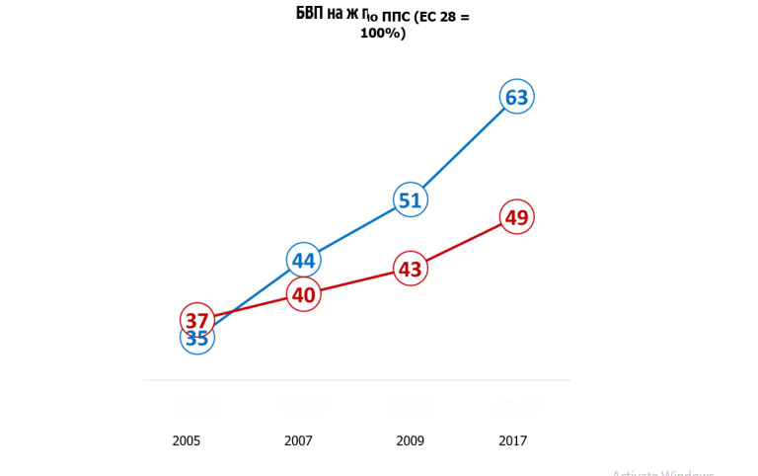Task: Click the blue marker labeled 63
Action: pos(516,97)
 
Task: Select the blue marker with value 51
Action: pos(410,200)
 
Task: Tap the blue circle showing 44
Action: pos(303,261)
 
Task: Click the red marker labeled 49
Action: pos(516,217)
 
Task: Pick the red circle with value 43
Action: pos(410,269)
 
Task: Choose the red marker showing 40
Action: pos(303,294)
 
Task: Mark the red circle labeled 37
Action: pos(196,319)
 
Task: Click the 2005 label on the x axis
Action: pos(187,441)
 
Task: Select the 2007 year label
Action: pos(298,441)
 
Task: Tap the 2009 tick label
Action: pos(411,441)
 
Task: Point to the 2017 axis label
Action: pos(512,441)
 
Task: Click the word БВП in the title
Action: pos(312,14)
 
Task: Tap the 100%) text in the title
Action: pos(382,34)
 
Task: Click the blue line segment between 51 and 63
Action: pos(463,149)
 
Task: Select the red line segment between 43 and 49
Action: pos(463,243)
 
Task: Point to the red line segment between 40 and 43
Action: pos(356,281)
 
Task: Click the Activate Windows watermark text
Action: pos(662,473)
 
